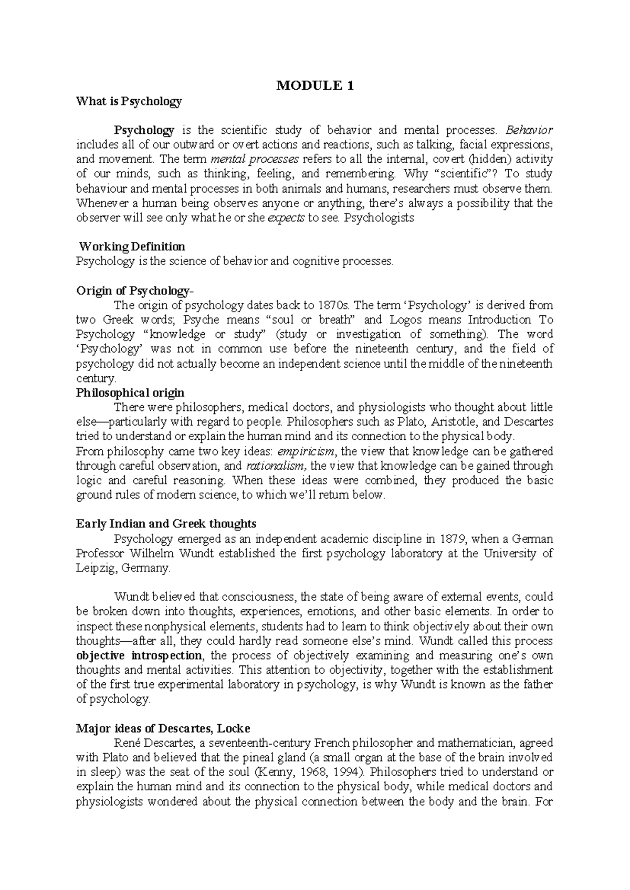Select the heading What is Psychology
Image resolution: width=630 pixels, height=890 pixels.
[129, 101]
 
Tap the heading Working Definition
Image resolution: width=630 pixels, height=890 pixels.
[131, 247]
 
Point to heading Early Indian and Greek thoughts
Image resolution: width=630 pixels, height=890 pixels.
[166, 524]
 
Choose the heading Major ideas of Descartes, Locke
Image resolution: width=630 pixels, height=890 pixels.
[163, 728]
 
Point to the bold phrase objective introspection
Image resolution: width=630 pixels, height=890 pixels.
[139, 655]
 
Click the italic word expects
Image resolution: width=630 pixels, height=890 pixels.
[286, 218]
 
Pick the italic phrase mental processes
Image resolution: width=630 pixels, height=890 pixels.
[254, 159]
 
